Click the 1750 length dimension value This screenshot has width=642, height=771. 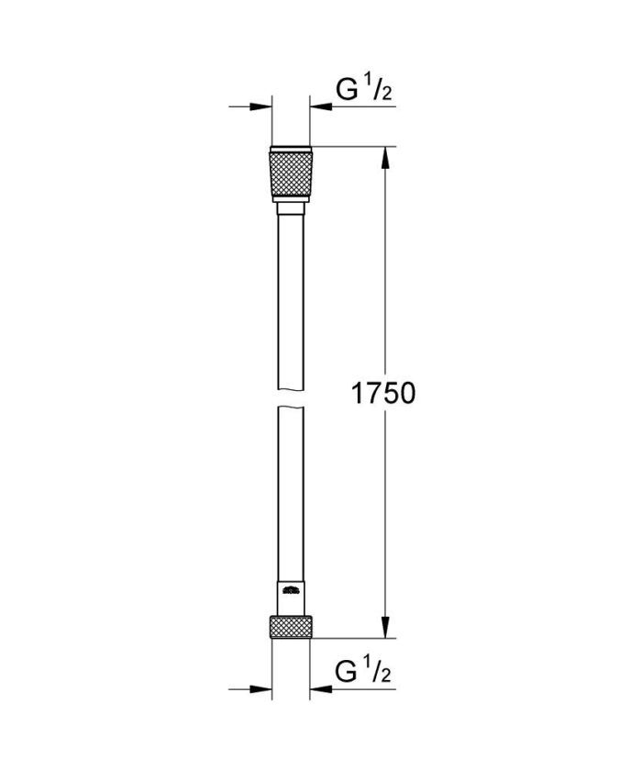[x=384, y=394]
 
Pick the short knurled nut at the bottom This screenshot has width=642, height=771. [x=292, y=627]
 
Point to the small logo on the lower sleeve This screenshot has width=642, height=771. [x=292, y=590]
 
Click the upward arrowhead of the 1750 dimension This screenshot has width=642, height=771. [x=384, y=156]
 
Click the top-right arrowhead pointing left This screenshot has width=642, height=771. [x=320, y=107]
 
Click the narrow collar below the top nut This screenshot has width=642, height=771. [x=292, y=210]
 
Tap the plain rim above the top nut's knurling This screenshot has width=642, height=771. [x=292, y=150]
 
